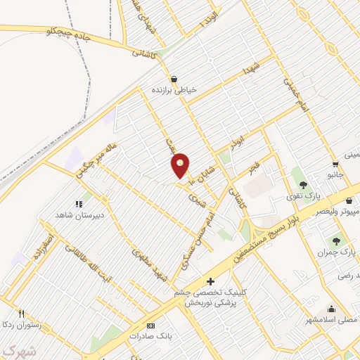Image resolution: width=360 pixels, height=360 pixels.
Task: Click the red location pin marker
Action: (181, 166)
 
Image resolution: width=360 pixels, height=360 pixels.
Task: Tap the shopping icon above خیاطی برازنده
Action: (173, 78)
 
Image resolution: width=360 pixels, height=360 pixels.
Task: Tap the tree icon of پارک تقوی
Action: (303, 185)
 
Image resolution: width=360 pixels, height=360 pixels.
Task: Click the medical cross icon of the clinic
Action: (210, 281)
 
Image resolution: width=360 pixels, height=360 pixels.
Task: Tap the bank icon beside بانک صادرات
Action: (150, 326)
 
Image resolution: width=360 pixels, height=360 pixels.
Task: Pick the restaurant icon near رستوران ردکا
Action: (22, 314)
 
